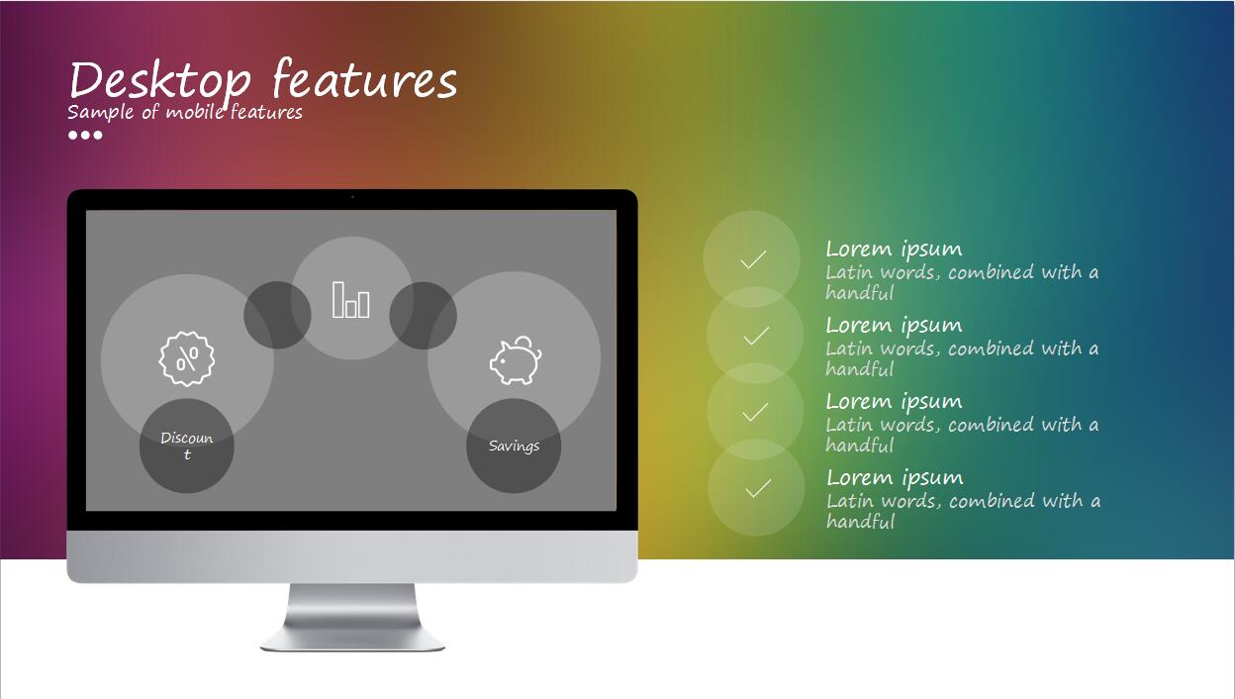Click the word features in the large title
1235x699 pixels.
pos(365,79)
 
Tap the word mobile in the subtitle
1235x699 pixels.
pos(194,112)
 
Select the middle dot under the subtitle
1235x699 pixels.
pos(85,136)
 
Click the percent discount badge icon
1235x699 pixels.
pos(187,358)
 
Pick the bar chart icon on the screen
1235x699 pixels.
pos(350,300)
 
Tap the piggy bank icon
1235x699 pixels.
pos(516,360)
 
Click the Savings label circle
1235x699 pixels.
pos(514,446)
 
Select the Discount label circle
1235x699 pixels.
pos(187,446)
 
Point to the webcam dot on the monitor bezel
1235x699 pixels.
pos(352,197)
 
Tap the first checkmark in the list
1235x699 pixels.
pos(753,259)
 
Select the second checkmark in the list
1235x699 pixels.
pos(756,336)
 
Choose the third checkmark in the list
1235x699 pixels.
pos(755,412)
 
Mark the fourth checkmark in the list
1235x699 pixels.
pos(758,488)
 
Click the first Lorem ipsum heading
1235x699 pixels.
pos(894,250)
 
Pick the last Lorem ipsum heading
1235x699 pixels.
pos(895,478)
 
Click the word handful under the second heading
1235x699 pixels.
pos(860,368)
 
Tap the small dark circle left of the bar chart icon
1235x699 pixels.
pos(277,315)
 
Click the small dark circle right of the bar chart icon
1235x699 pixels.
pos(423,316)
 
